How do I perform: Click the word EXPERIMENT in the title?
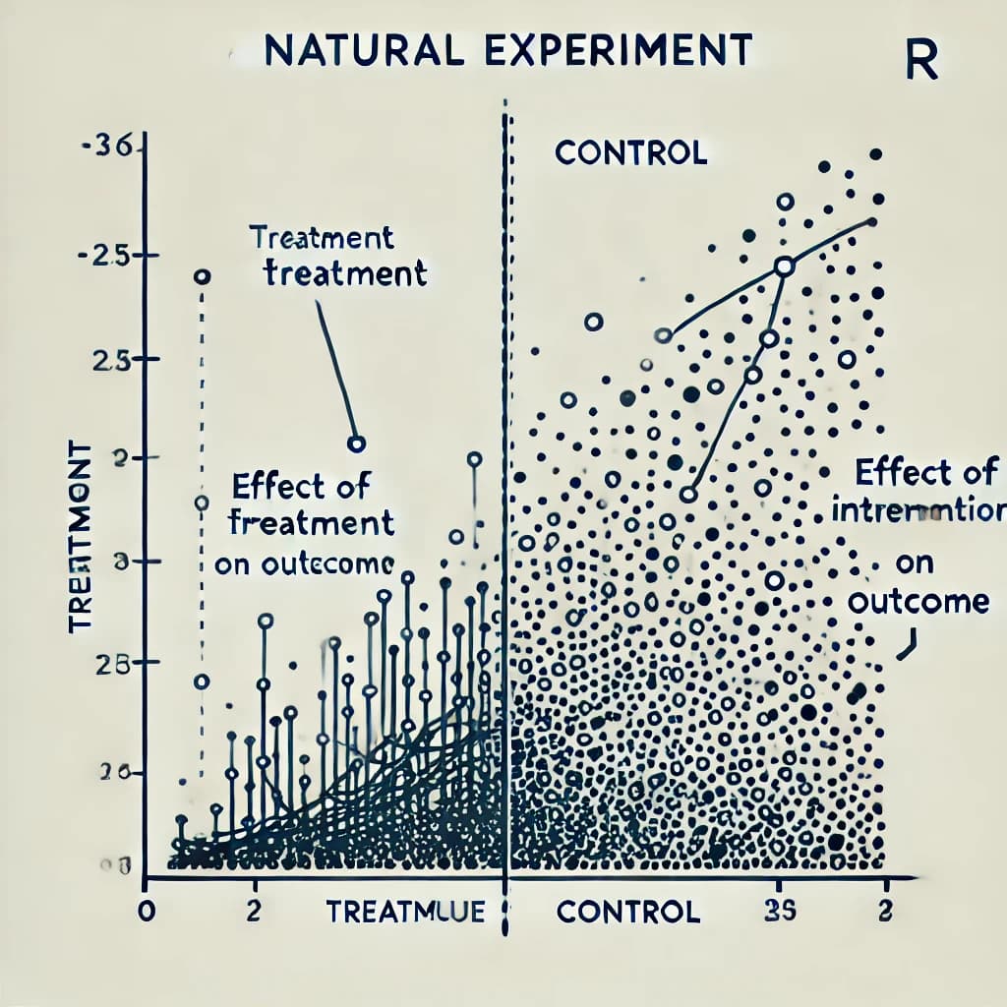tap(610, 50)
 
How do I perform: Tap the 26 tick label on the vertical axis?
tap(114, 773)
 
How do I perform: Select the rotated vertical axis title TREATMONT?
tap(81, 536)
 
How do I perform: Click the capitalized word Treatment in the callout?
tap(321, 237)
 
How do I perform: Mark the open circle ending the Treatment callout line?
tap(356, 444)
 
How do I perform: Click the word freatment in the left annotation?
tap(311, 522)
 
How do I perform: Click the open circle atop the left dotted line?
tap(202, 277)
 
